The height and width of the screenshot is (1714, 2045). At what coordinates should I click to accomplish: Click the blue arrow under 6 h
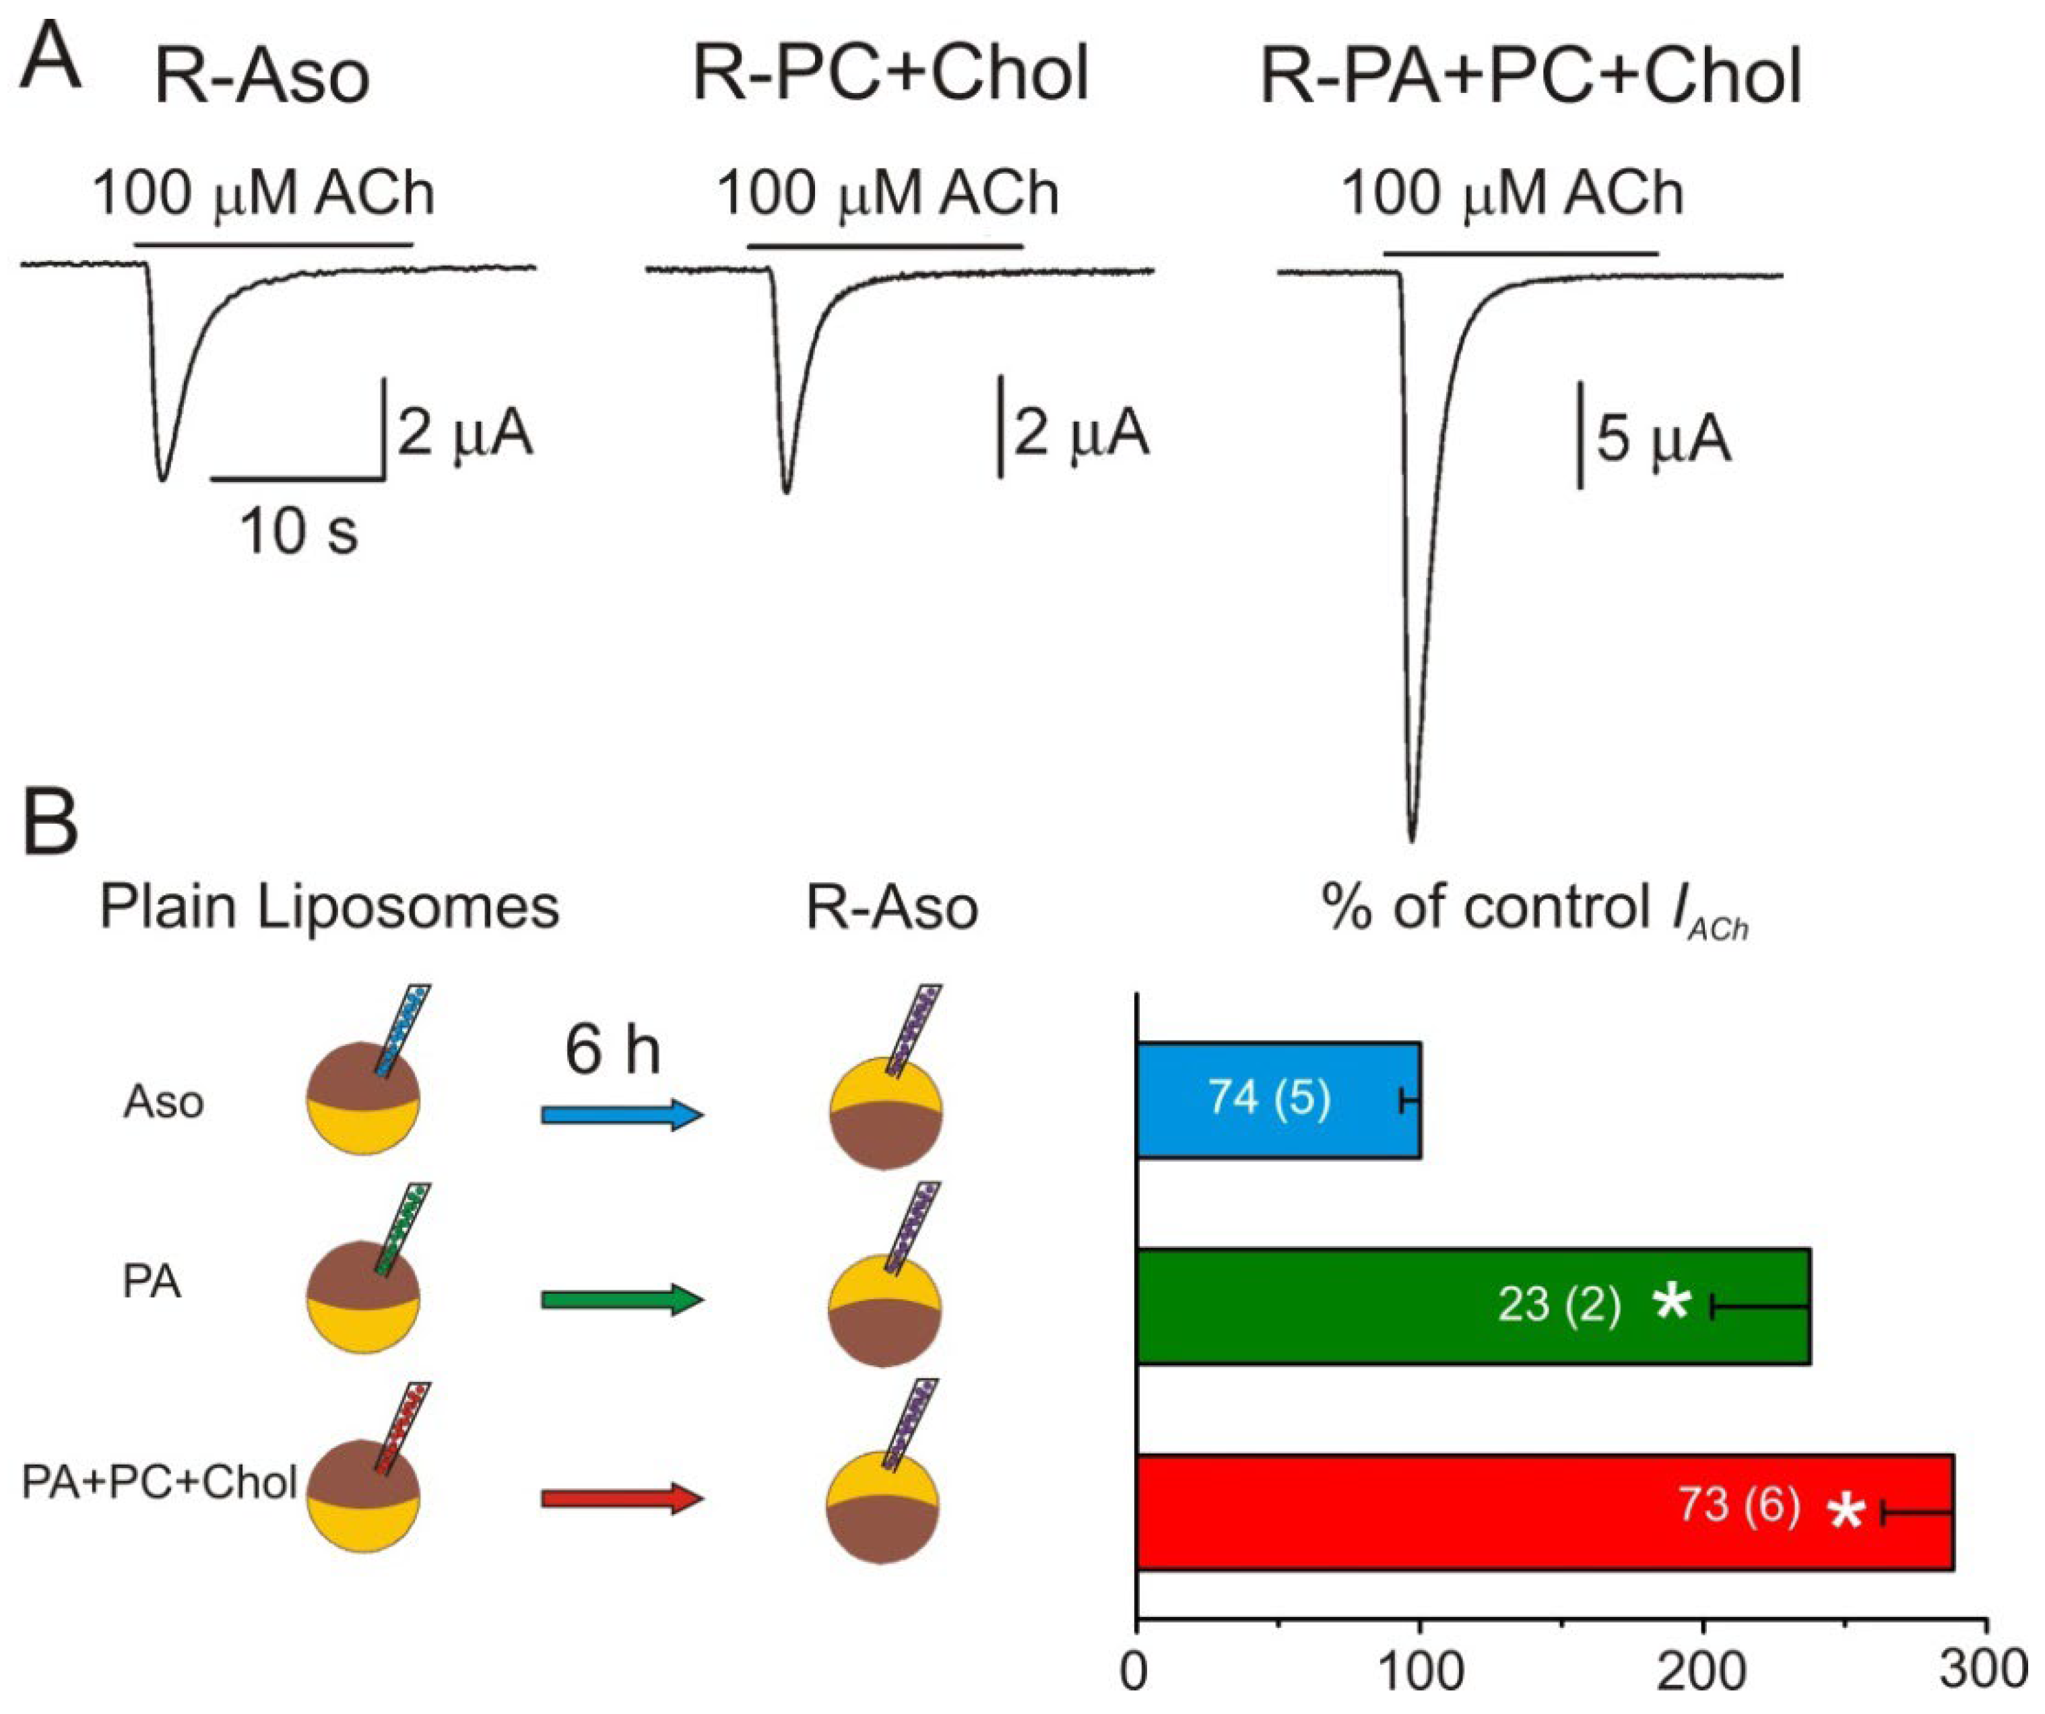[x=621, y=1115]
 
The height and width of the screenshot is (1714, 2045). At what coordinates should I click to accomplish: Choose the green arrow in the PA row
[x=621, y=1300]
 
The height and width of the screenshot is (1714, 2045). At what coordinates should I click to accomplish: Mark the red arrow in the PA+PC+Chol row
[x=621, y=1498]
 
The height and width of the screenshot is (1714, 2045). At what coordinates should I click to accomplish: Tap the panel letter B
[x=51, y=824]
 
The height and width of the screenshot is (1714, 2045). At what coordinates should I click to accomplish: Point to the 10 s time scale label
[x=300, y=532]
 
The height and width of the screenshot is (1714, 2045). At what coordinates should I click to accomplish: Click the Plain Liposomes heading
[x=329, y=908]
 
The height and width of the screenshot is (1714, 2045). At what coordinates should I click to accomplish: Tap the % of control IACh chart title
[x=1534, y=911]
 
